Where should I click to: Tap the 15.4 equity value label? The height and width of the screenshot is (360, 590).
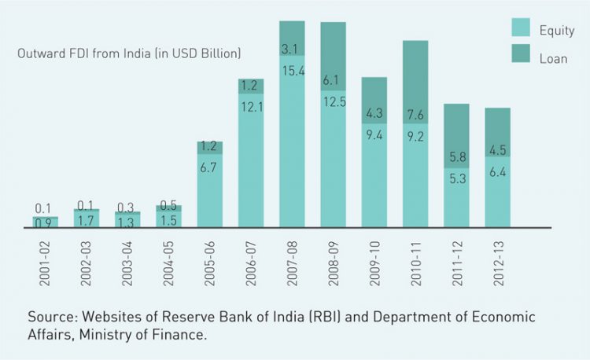pyautogui.click(x=292, y=71)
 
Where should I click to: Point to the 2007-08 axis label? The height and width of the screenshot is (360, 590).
pyautogui.click(x=293, y=255)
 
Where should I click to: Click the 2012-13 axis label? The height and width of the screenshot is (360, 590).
pyautogui.click(x=498, y=255)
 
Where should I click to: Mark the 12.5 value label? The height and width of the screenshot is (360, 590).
pyautogui.click(x=333, y=102)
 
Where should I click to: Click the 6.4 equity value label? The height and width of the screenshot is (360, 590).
pyautogui.click(x=497, y=170)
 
